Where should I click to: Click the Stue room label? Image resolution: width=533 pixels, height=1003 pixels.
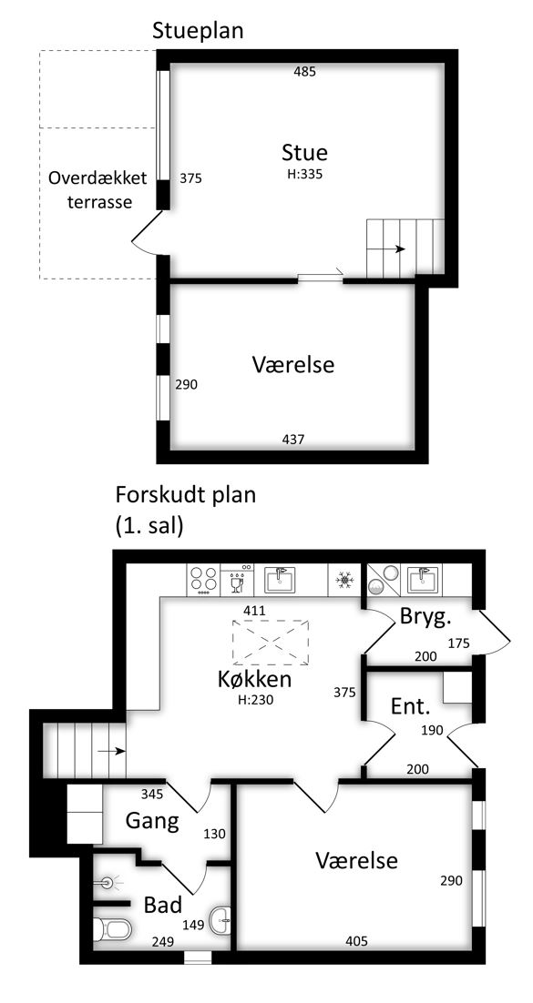click(x=304, y=153)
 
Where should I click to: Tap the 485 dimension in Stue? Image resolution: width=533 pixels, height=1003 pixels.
click(x=305, y=72)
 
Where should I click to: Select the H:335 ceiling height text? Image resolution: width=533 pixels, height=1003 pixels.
click(x=305, y=173)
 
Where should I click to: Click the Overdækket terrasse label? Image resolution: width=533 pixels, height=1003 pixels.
click(x=98, y=190)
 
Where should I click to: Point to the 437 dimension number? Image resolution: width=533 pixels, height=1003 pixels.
click(x=293, y=440)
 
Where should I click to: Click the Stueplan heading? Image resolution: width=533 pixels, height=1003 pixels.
click(x=198, y=31)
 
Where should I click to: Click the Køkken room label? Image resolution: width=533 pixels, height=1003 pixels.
click(x=254, y=679)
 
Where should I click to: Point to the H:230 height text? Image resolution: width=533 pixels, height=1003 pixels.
click(x=256, y=700)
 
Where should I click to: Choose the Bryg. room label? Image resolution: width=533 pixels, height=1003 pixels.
click(x=425, y=617)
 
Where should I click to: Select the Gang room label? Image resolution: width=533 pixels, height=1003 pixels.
click(x=152, y=821)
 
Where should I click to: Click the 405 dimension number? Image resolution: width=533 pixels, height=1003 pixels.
click(x=356, y=942)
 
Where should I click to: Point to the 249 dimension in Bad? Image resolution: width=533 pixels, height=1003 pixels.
click(x=163, y=942)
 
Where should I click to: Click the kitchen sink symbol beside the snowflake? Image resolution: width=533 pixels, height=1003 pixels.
click(x=279, y=580)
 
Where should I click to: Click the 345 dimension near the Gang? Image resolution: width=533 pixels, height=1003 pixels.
click(x=153, y=795)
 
